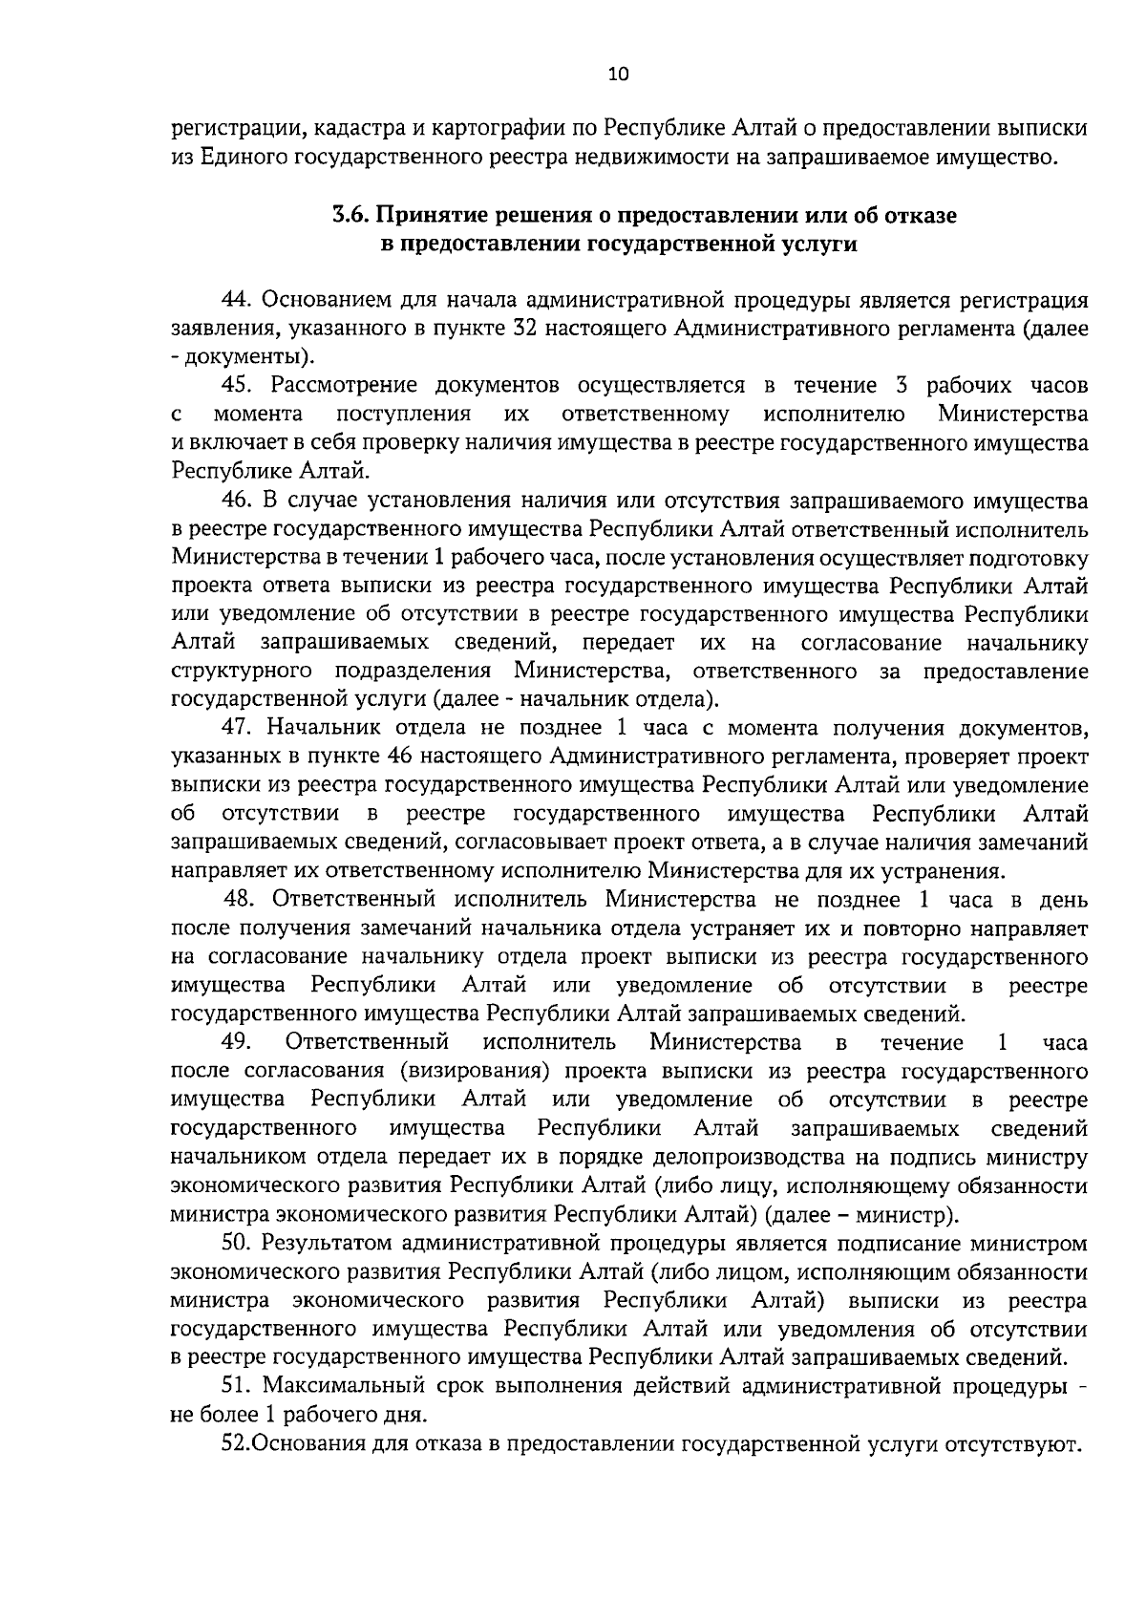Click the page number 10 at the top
click(x=618, y=75)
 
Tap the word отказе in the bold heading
click(x=921, y=216)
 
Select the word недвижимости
click(x=654, y=157)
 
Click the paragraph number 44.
click(x=237, y=300)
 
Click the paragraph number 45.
click(x=237, y=385)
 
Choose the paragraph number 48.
click(x=240, y=899)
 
